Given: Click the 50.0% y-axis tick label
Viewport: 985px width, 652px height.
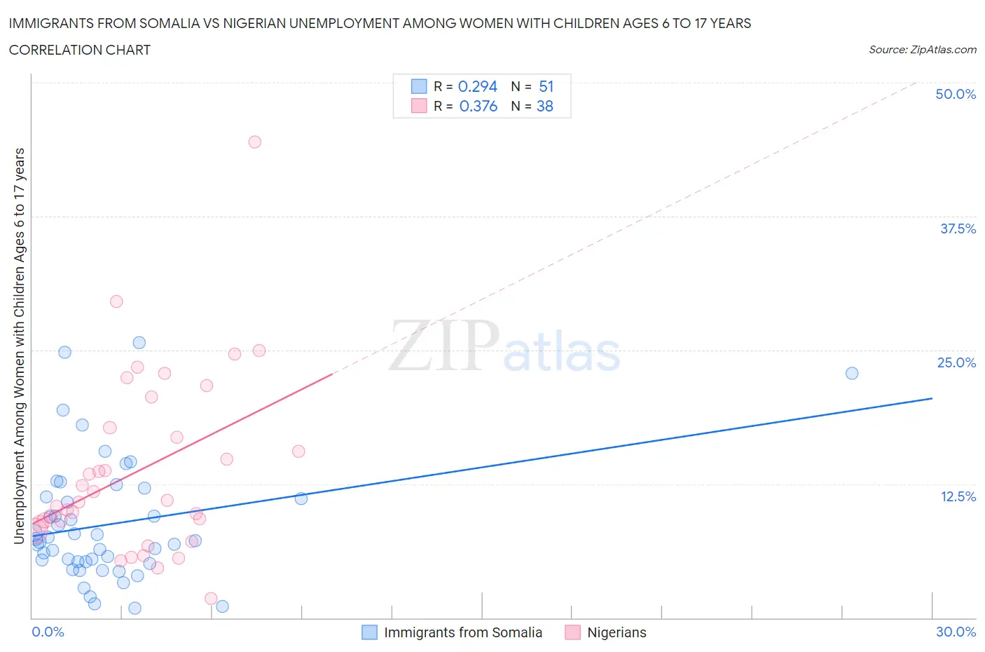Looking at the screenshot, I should tap(956, 94).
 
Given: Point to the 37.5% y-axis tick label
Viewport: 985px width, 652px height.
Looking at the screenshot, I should tap(958, 229).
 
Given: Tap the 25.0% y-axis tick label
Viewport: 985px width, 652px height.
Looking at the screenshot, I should tap(956, 362).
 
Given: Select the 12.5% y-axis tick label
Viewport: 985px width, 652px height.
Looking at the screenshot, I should tap(958, 496).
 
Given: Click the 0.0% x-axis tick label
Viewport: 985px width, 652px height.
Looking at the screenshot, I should tap(48, 632).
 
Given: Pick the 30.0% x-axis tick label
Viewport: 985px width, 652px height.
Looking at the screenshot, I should tap(956, 632).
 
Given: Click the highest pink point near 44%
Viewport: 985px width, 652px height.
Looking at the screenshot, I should tap(255, 142).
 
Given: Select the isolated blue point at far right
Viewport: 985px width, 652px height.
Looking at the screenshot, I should tap(852, 373).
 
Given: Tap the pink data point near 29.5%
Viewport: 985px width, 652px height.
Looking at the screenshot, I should tap(116, 301).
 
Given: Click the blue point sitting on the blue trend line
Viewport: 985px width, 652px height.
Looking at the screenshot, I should tap(301, 498).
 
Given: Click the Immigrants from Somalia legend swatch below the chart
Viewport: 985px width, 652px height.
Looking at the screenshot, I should tap(369, 632).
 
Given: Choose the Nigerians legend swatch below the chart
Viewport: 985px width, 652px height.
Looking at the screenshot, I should tap(572, 632).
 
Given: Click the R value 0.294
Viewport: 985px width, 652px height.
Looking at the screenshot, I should tap(477, 86).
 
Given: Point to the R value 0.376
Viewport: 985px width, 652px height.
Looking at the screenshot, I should tap(478, 106).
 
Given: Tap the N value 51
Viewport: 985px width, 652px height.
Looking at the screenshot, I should tap(546, 86).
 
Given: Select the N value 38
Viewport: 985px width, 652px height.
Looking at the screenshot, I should tap(544, 106).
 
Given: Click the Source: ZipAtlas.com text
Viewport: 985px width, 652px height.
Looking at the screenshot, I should tap(922, 50).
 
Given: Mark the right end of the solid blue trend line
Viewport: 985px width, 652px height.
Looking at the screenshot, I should tap(932, 398).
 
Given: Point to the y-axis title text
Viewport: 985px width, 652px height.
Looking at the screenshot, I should tap(19, 346).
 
